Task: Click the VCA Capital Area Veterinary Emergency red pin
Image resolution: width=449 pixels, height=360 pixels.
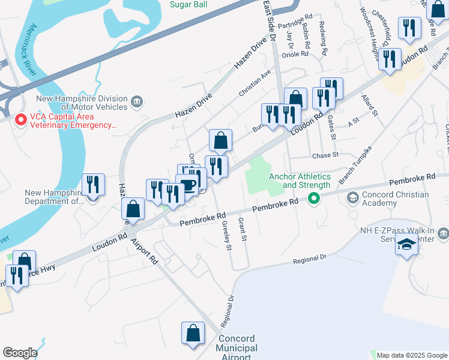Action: [20, 120]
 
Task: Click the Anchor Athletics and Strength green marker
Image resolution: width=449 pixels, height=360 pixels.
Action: [313, 199]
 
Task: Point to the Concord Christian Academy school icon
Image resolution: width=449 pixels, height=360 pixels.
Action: [353, 197]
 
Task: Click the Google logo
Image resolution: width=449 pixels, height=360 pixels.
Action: [20, 353]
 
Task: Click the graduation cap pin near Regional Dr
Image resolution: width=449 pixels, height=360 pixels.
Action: [406, 245]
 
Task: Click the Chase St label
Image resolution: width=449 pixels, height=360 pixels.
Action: [325, 155]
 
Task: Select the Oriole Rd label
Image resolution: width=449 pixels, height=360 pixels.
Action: [295, 54]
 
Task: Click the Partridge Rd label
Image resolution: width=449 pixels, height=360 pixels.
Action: [301, 17]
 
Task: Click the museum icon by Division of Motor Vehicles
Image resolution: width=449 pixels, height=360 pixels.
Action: [137, 100]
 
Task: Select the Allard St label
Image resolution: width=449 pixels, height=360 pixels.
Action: [369, 104]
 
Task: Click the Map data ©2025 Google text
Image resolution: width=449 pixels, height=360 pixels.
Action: [412, 355]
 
